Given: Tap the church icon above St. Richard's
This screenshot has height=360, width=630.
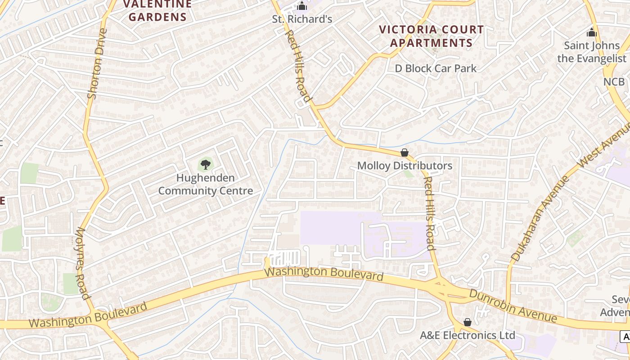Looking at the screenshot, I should click(302, 6).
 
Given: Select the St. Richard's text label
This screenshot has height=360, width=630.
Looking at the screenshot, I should click(302, 19).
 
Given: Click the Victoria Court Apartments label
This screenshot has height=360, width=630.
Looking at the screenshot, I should click(431, 36).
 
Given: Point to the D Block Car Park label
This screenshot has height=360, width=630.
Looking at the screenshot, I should click(436, 68).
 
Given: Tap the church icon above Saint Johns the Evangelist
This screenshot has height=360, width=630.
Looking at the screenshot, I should click(591, 32).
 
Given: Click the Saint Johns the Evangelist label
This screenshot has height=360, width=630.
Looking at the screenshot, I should click(591, 52).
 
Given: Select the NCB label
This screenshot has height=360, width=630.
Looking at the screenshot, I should click(614, 81).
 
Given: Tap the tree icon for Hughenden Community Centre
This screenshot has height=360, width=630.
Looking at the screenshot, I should click(205, 164).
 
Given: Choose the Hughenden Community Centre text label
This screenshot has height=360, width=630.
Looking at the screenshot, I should click(205, 184).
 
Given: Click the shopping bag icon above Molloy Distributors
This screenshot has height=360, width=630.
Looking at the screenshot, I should click(405, 153).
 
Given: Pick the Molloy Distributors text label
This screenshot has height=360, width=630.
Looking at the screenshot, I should click(405, 166).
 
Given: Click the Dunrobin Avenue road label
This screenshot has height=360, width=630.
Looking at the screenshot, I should click(513, 306).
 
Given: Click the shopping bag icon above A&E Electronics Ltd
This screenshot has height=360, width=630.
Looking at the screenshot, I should click(468, 322).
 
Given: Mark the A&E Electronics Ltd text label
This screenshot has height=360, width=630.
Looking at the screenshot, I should click(468, 335).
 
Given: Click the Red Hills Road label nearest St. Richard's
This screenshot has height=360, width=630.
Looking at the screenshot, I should click(298, 66).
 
